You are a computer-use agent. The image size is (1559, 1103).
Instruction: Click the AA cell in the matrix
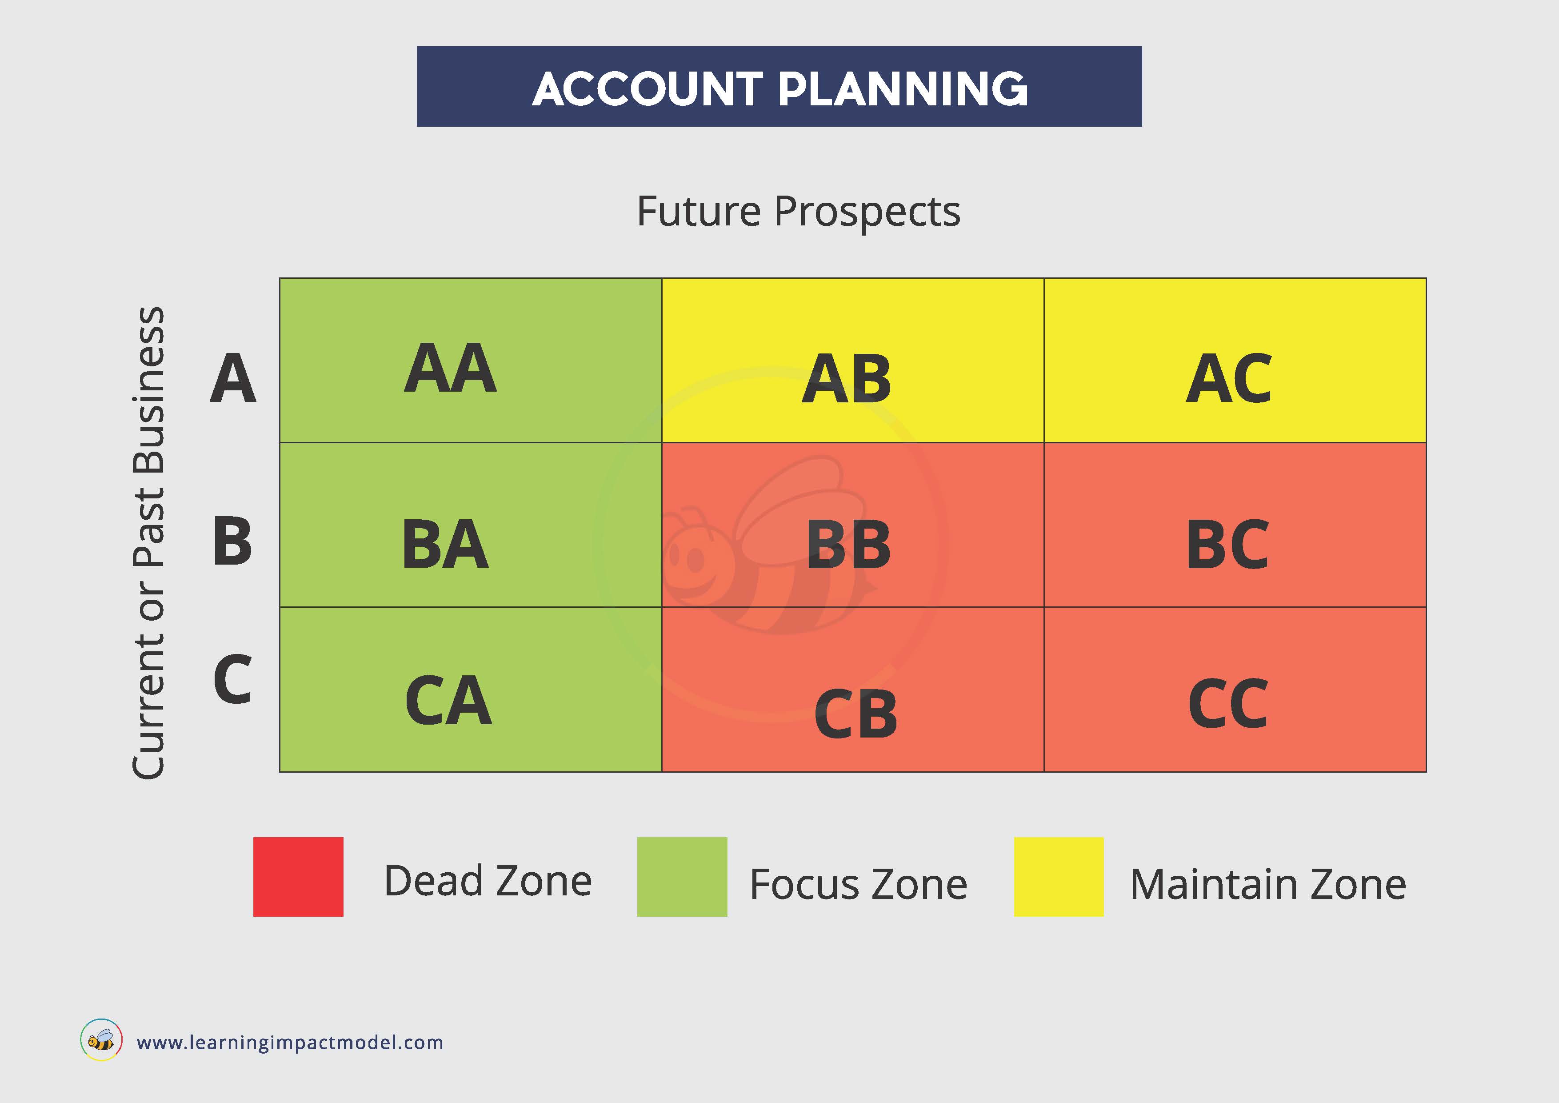[x=471, y=360]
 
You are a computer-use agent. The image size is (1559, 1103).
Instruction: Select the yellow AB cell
[x=853, y=360]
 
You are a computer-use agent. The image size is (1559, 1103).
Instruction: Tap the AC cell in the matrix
[x=1235, y=360]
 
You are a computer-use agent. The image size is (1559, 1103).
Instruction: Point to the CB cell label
[x=855, y=714]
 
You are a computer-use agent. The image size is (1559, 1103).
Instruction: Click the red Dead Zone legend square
[x=298, y=877]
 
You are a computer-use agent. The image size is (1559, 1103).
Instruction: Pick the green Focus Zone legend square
[x=682, y=877]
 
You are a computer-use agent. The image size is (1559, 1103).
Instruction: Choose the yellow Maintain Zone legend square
[x=1059, y=877]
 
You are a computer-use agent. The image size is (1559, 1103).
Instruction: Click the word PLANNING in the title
[x=903, y=89]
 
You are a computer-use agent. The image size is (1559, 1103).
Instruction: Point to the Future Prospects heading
[x=799, y=212]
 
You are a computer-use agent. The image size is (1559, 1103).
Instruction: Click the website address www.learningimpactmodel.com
[x=290, y=1043]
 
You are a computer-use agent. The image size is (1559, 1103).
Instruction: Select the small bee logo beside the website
[x=101, y=1040]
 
